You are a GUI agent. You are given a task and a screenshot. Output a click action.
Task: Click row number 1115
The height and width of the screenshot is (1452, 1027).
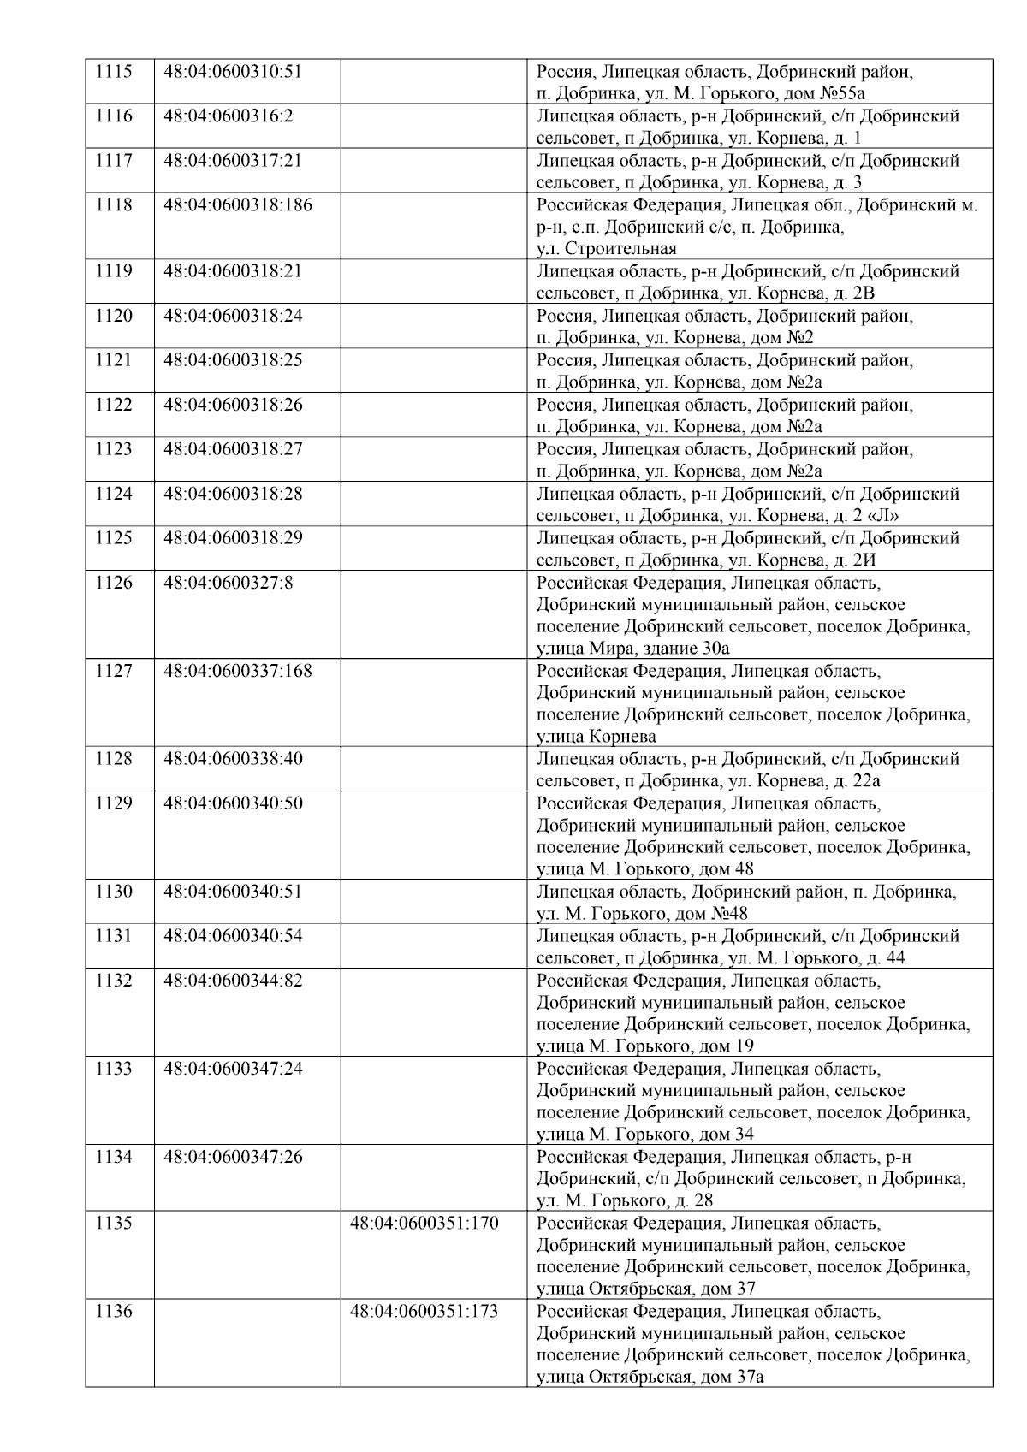113,72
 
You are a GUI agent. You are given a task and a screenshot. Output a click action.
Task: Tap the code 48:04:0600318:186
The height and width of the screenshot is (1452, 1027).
238,205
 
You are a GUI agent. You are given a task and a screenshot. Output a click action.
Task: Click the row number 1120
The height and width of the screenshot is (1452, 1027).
113,316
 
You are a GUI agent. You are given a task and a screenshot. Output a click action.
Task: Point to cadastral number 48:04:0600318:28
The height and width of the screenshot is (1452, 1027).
233,494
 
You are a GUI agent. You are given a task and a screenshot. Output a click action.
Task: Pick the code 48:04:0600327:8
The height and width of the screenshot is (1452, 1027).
228,583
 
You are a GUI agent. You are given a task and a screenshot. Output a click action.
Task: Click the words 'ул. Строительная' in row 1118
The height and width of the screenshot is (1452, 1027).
606,249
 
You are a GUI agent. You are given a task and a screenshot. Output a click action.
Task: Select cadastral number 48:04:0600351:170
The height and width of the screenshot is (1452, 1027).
424,1223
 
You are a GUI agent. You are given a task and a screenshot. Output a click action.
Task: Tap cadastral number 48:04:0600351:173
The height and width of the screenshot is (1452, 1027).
424,1311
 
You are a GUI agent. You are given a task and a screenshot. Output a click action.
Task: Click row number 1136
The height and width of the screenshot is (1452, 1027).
113,1311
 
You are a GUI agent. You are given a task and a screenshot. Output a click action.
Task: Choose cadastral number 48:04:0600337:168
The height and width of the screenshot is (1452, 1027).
238,671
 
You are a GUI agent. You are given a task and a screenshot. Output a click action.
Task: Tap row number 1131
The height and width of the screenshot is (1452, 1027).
113,936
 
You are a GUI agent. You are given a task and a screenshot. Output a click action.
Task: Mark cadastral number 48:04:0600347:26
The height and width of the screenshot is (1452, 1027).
233,1157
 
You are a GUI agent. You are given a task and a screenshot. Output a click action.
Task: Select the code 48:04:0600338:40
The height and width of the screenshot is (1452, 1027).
233,759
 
